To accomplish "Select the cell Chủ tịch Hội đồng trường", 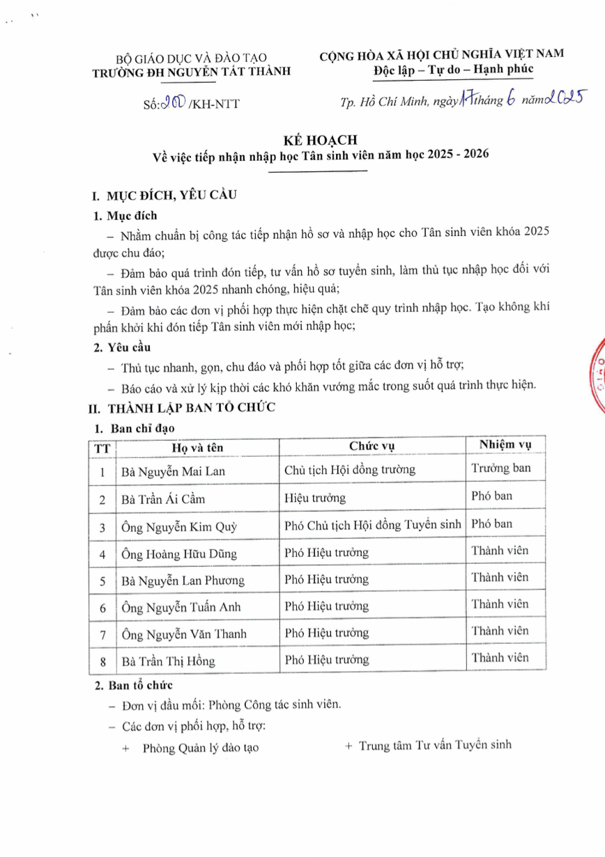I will [x=350, y=469].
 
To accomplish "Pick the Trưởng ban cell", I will [x=501, y=468].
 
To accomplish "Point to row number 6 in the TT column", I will [x=102, y=608].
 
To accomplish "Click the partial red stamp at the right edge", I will [x=597, y=376].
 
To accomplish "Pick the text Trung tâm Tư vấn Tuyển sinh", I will [x=435, y=745].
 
